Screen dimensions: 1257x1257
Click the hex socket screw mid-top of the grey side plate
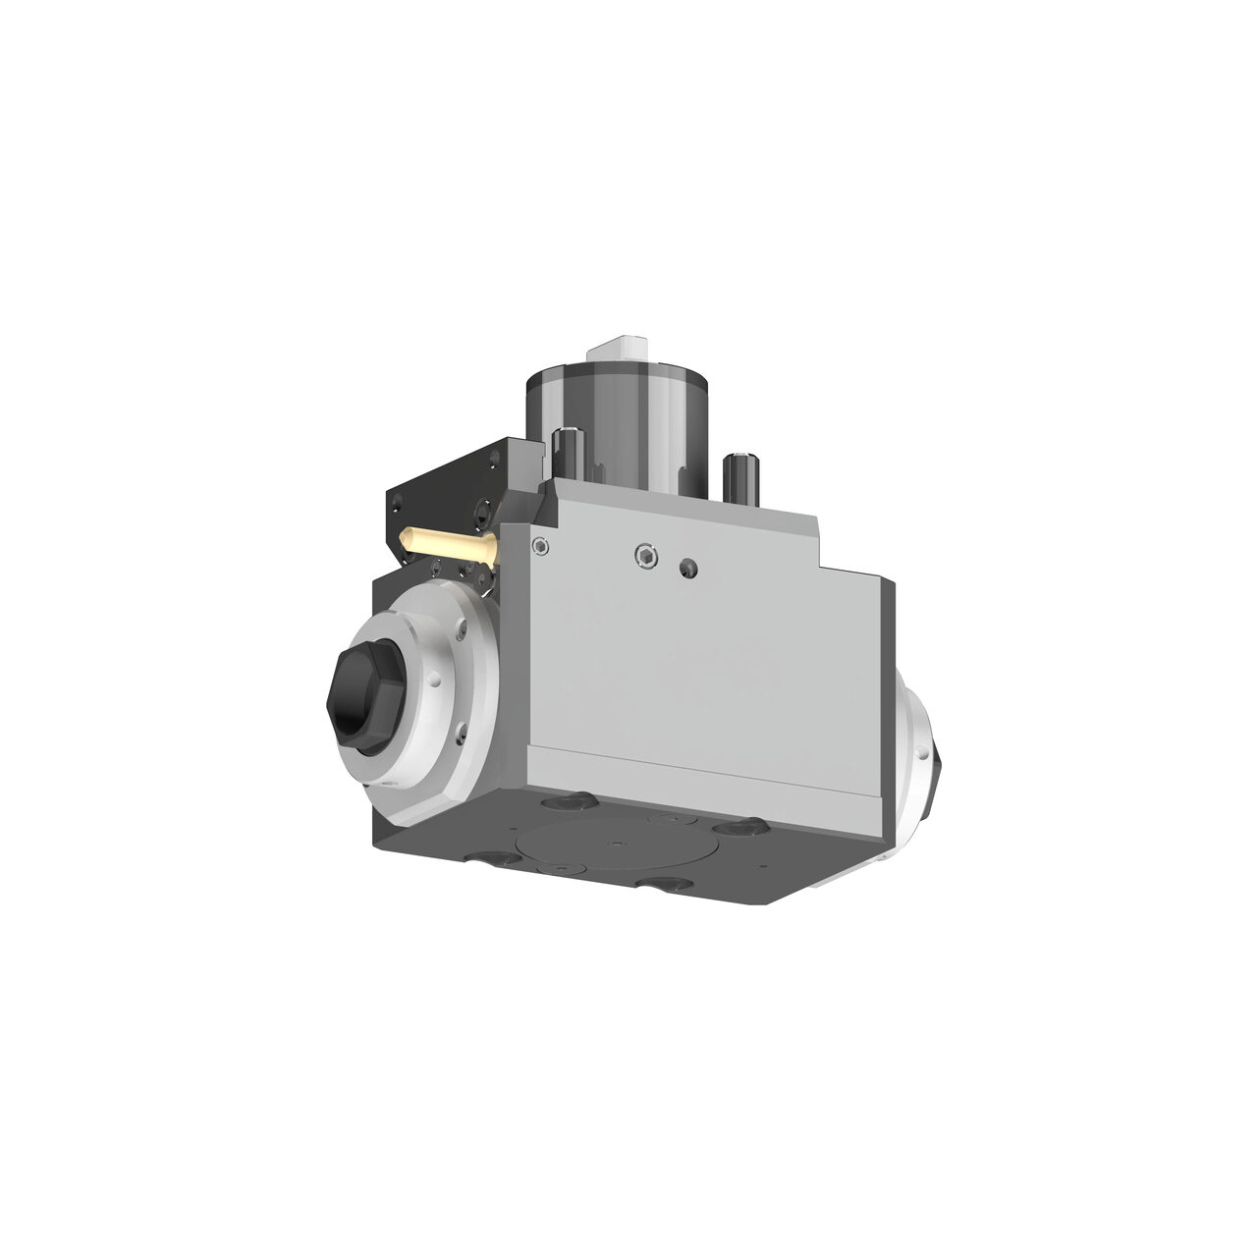point(645,558)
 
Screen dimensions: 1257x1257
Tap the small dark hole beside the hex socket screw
point(689,567)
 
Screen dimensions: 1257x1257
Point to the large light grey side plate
point(707,658)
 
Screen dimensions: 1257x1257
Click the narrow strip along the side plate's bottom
point(707,776)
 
